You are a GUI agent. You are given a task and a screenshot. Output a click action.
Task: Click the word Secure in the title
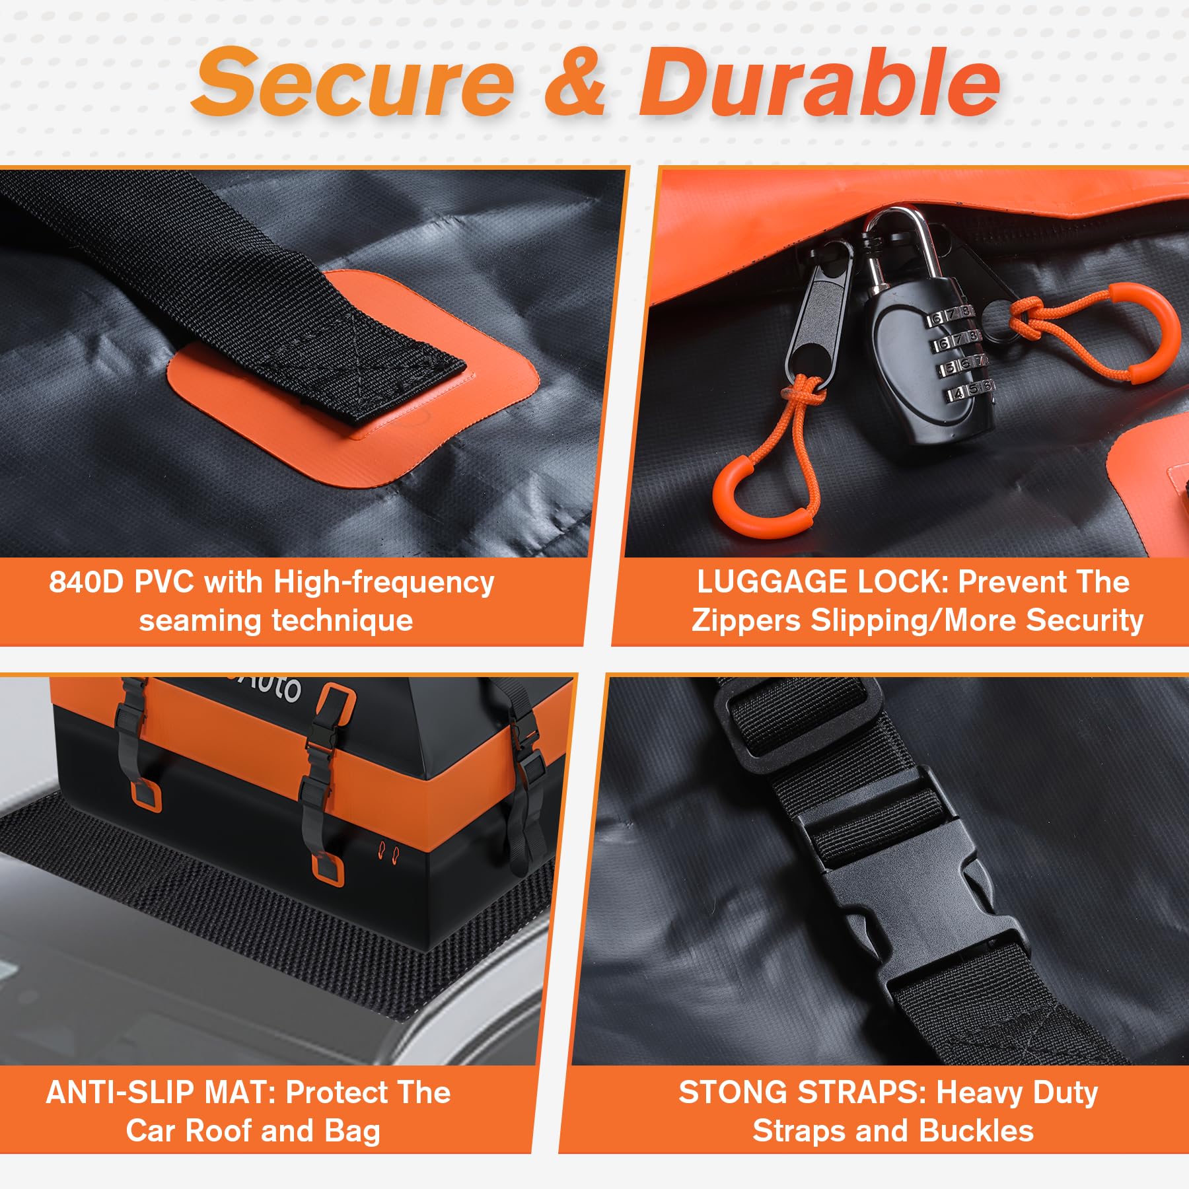353,82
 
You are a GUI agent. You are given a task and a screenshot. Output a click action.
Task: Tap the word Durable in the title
819,82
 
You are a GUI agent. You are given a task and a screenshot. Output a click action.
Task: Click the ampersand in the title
574,83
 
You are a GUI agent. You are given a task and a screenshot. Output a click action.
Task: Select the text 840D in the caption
87,582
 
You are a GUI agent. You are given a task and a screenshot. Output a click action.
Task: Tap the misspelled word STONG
734,1093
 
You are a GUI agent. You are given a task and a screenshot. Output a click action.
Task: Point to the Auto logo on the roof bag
268,687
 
